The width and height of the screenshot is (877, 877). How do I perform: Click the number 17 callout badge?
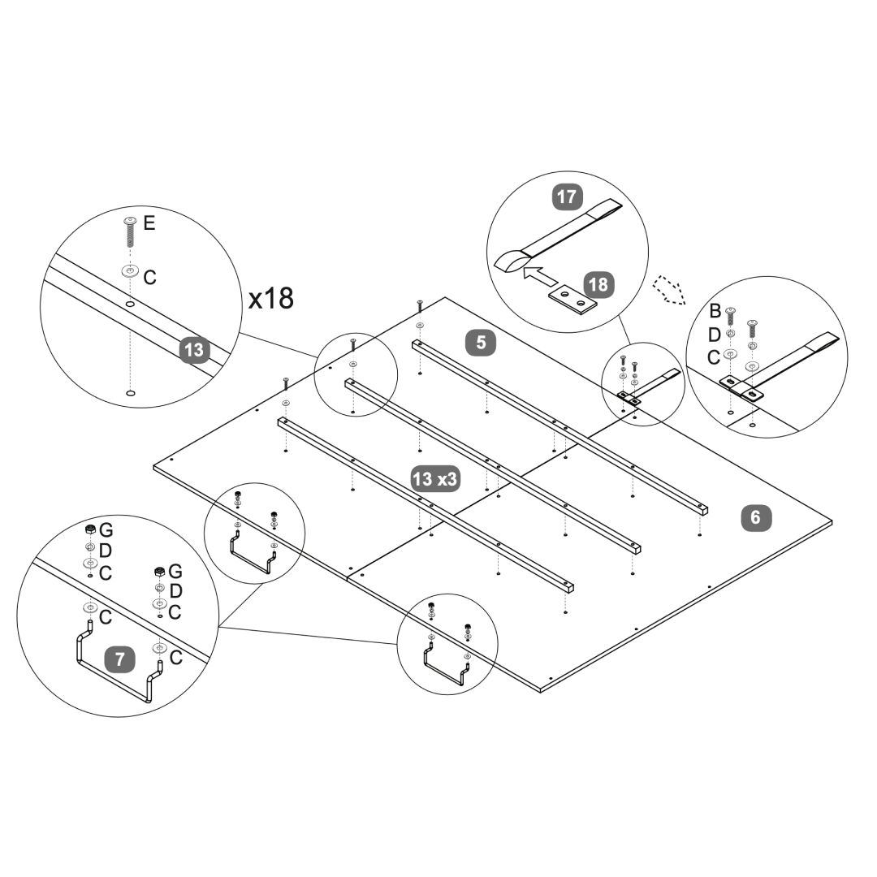[567, 197]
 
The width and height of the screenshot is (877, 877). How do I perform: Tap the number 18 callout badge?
[597, 285]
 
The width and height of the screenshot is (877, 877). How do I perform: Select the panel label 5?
[482, 342]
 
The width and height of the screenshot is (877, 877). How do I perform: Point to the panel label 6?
[756, 517]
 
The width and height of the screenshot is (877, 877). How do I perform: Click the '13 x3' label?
[435, 479]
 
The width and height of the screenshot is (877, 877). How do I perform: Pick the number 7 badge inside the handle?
[120, 659]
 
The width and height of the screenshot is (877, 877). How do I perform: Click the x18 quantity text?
[270, 298]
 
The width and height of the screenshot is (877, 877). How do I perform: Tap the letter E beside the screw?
[149, 222]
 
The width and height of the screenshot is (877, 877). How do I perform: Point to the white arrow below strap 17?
[539, 274]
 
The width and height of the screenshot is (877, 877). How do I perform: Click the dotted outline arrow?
[669, 289]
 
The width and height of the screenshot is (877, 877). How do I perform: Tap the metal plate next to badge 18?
[572, 301]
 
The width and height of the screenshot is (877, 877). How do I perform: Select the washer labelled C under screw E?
[130, 271]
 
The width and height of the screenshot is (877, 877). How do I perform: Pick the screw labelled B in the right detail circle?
[731, 316]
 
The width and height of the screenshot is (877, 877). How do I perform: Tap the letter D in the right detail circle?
[715, 334]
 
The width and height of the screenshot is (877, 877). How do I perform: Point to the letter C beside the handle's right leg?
[176, 657]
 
